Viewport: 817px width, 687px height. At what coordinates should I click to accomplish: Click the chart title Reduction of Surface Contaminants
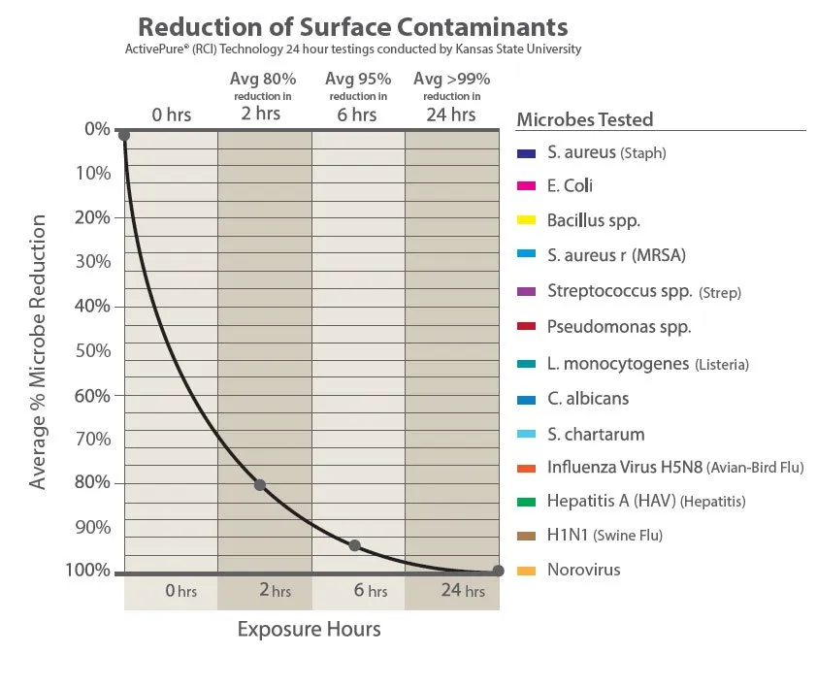point(352,26)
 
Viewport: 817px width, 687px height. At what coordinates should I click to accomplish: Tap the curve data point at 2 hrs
point(259,485)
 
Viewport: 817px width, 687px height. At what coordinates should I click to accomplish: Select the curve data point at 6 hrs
point(354,545)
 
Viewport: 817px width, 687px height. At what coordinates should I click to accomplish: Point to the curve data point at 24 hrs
point(498,571)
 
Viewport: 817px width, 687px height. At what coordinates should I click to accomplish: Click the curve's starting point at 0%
point(123,135)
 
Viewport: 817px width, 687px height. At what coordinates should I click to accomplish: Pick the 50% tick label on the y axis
point(92,350)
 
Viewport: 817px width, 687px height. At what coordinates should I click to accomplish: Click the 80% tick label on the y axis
point(92,482)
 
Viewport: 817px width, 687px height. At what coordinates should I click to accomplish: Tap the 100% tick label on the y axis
point(88,570)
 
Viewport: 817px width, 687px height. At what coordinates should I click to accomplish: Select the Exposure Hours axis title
point(309,630)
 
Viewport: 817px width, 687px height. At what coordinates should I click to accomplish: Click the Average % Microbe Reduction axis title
point(38,352)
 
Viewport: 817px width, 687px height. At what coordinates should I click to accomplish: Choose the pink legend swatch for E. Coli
point(527,185)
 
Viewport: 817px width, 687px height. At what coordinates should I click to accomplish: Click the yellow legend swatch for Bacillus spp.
point(527,220)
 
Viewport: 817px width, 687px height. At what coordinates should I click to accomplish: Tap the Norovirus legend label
point(583,570)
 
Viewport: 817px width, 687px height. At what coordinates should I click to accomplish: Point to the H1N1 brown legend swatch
point(527,535)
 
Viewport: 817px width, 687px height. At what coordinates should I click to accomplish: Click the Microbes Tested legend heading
point(584,120)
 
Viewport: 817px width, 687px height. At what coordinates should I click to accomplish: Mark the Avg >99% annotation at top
point(451,80)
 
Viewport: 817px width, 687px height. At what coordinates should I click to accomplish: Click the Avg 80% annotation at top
point(263,80)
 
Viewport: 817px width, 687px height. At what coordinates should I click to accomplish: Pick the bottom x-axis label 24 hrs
point(463,591)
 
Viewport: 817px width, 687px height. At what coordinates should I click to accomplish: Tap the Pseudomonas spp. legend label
point(619,326)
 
